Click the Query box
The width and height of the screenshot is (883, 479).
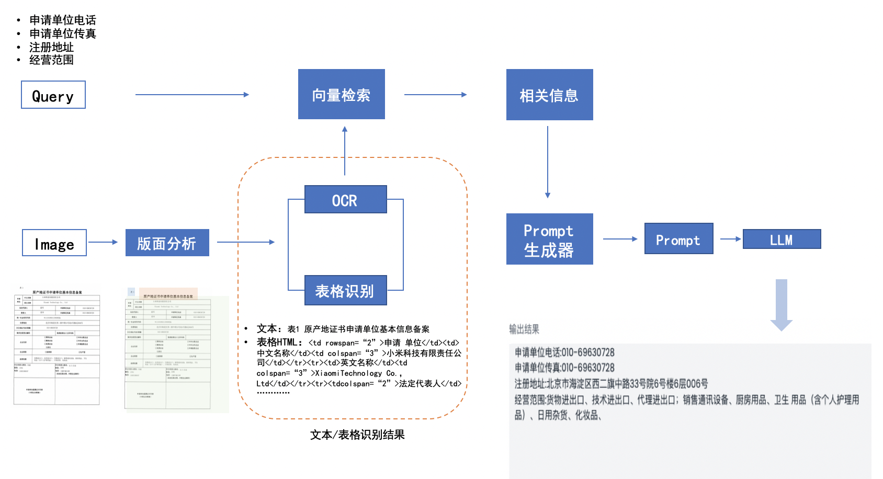tap(53, 95)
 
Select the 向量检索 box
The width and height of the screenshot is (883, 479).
tap(342, 95)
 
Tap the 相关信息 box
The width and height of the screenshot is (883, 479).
tap(549, 95)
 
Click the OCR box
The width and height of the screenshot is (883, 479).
tap(345, 200)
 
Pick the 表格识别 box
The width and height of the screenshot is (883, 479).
tap(345, 291)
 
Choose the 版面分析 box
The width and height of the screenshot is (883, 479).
tap(167, 243)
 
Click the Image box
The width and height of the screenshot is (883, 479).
tap(54, 243)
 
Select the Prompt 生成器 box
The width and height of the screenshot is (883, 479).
tap(549, 239)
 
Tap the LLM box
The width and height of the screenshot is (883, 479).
tap(782, 239)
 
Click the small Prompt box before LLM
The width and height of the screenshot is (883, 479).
tap(678, 239)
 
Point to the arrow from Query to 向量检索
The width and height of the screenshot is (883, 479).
tap(192, 95)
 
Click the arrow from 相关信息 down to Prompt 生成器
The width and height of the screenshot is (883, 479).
tap(548, 162)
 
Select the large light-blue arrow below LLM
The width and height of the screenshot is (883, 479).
tap(782, 304)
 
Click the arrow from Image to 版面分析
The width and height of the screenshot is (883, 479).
tap(104, 242)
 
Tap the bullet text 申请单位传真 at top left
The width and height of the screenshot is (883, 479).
tap(63, 34)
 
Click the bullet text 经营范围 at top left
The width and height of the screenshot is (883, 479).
tap(51, 60)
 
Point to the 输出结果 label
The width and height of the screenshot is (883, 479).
tap(524, 329)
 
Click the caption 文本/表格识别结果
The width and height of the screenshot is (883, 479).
tap(357, 435)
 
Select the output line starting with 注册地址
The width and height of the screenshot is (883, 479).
tap(611, 384)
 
